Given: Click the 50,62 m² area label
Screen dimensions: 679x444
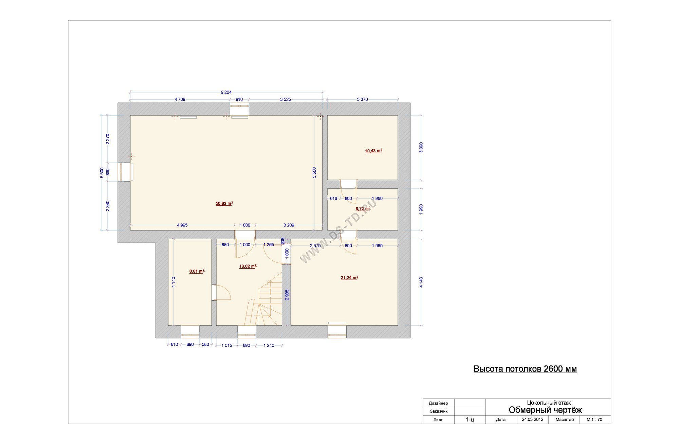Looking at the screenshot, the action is tap(224, 204).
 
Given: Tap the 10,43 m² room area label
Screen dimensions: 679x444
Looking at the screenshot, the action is tap(373, 151).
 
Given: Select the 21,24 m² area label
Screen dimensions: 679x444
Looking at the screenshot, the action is tap(349, 278).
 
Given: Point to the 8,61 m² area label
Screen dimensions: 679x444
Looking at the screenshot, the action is tap(197, 271).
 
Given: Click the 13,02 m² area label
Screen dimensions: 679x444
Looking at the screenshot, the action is tap(248, 266).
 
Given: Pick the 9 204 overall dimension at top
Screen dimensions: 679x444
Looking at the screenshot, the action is tap(226, 92).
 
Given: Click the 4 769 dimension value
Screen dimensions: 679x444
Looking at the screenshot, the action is tap(180, 100).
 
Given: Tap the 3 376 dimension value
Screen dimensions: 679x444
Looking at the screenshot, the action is tap(362, 100).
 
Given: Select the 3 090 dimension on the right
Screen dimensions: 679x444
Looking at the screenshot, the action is tap(421, 148).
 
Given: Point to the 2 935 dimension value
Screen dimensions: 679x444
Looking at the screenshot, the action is tap(287, 295).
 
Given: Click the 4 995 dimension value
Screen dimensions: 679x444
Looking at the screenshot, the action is tap(182, 225).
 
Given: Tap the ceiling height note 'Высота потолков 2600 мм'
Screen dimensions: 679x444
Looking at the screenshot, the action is tap(525, 369).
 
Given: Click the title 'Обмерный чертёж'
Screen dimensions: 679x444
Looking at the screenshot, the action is tap(545, 410).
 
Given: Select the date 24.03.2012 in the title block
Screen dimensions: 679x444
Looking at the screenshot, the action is tap(533, 420).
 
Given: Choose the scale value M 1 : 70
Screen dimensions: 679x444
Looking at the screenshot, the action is tap(594, 420).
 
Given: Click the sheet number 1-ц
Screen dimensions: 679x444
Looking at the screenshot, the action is tap(470, 420).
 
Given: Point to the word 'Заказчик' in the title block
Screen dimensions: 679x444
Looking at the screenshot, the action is tap(439, 411).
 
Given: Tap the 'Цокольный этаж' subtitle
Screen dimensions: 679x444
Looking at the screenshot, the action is tap(549, 403).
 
